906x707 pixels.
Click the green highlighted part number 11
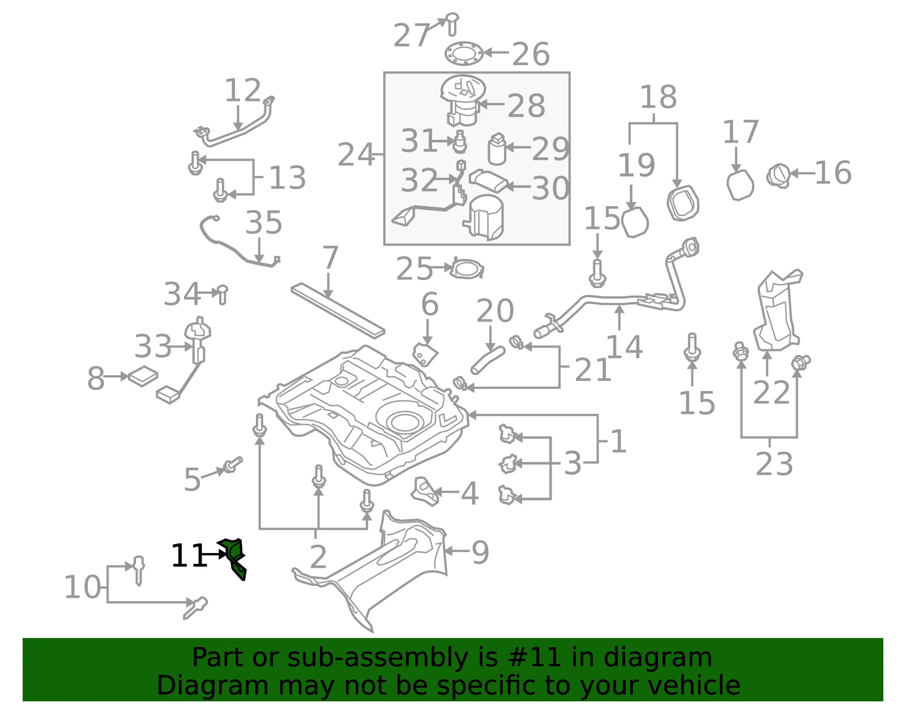point(233,558)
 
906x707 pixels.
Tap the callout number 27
point(412,35)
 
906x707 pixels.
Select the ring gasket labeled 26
point(464,54)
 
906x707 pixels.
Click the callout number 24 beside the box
point(356,154)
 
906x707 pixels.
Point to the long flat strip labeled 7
point(337,310)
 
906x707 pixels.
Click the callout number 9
point(480,552)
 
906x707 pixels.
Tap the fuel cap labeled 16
point(779,176)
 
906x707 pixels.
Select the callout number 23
point(774,464)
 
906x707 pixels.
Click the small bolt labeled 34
point(223,294)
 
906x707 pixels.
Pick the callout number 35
point(263,222)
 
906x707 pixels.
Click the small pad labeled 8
point(143,376)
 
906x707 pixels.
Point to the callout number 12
point(243,90)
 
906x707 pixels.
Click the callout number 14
point(624,346)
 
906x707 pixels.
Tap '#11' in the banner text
point(533,657)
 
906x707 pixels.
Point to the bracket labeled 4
point(425,491)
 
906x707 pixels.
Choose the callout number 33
point(152,346)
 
